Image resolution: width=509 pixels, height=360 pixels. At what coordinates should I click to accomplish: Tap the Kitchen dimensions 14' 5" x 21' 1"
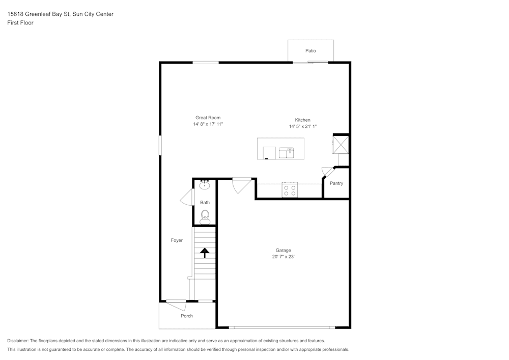pyautogui.click(x=303, y=126)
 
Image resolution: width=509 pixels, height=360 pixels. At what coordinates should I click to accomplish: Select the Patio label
pyautogui.click(x=310, y=51)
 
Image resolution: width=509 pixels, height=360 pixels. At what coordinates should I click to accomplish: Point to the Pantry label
pyautogui.click(x=336, y=183)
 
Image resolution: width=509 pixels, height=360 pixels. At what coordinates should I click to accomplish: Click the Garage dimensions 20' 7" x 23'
pyautogui.click(x=284, y=257)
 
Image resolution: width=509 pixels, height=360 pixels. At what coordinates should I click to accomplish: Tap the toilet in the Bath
pyautogui.click(x=205, y=217)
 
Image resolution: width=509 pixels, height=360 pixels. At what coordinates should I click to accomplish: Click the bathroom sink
pyautogui.click(x=205, y=185)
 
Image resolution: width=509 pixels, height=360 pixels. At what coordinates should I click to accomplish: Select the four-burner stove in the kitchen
pyautogui.click(x=290, y=190)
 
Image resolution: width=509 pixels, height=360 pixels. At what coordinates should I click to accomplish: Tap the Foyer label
pyautogui.click(x=177, y=240)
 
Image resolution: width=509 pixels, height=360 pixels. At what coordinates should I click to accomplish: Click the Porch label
pyautogui.click(x=187, y=316)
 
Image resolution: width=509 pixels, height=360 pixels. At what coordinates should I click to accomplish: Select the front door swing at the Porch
pyautogui.click(x=177, y=306)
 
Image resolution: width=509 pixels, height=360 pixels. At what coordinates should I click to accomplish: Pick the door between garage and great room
pyautogui.click(x=241, y=185)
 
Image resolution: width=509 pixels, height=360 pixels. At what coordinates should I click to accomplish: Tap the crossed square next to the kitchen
pyautogui.click(x=341, y=144)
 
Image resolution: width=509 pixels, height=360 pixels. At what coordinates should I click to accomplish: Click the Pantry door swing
pyautogui.click(x=327, y=172)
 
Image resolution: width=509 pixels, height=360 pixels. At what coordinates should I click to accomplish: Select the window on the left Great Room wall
pyautogui.click(x=160, y=145)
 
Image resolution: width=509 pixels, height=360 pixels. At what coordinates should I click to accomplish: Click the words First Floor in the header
pyautogui.click(x=20, y=23)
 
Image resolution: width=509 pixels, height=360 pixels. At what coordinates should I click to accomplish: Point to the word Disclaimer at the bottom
pyautogui.click(x=18, y=341)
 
